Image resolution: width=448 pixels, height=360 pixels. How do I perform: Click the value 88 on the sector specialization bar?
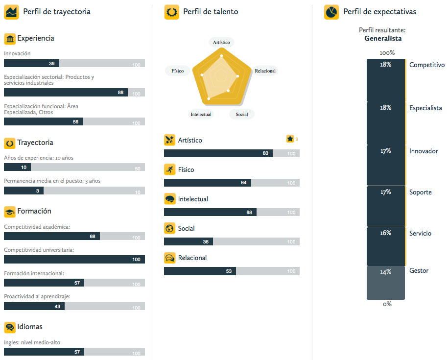[x=120, y=93]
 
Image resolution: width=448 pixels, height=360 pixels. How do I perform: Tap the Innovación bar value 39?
[x=52, y=63]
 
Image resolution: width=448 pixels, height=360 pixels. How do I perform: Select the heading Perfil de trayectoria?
[x=57, y=12]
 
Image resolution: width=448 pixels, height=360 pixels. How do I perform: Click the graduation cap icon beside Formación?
[x=9, y=212]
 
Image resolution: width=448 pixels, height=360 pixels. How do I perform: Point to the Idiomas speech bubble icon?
[x=9, y=327]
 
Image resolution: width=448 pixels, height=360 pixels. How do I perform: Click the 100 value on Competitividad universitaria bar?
[x=136, y=260]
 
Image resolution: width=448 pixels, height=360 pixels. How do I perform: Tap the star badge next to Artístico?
[x=290, y=139]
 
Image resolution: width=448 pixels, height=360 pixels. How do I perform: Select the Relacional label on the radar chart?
[x=265, y=71]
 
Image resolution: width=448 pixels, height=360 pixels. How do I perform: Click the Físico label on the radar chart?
[x=177, y=71]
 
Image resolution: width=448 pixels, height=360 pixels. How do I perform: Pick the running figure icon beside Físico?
[x=169, y=170]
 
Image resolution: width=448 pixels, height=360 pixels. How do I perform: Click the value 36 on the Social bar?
[x=206, y=242]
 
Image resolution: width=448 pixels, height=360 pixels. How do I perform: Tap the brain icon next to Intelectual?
[x=169, y=199]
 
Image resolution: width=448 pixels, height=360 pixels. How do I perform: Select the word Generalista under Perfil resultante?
[x=383, y=38]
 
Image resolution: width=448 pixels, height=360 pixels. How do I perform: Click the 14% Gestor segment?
[x=386, y=283]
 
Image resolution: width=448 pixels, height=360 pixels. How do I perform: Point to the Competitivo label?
[x=427, y=65]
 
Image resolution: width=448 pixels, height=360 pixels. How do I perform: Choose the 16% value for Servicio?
[x=386, y=233]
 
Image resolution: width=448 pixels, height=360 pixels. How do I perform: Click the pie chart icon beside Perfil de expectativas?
[x=331, y=12]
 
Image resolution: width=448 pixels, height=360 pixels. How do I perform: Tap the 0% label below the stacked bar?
[x=387, y=304]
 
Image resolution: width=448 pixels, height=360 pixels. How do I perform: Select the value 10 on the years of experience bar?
[x=24, y=168]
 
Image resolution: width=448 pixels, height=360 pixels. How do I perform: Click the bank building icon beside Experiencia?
[x=9, y=39]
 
